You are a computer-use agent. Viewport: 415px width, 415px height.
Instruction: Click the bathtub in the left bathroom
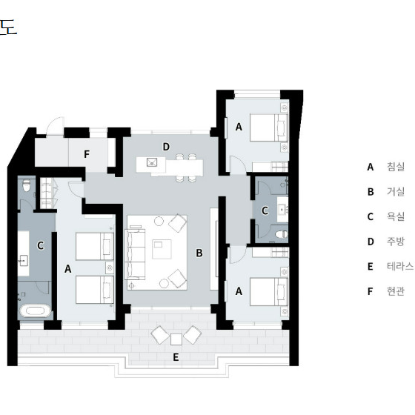point(36,311)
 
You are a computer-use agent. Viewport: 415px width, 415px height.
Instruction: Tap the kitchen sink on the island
point(152,162)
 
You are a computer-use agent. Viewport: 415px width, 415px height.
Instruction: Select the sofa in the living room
point(135,253)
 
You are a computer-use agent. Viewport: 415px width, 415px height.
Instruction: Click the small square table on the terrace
point(176,339)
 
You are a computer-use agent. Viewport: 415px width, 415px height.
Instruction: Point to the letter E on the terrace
point(176,357)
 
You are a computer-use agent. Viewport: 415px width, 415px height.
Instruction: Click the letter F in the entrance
point(87,154)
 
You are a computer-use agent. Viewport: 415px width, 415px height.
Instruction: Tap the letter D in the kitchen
point(166,147)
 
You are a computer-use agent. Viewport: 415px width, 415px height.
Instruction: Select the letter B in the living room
point(199,253)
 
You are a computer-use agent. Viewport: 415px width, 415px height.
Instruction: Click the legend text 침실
point(396,167)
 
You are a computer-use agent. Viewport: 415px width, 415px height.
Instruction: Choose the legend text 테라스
point(400,266)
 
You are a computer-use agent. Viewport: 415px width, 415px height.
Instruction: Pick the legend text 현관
point(396,291)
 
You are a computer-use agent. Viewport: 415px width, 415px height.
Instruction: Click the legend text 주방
point(396,242)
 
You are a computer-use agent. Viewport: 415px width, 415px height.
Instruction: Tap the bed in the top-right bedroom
point(269,127)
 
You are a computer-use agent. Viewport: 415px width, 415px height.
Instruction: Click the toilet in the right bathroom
point(281,234)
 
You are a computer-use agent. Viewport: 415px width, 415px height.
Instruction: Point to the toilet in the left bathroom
point(26,185)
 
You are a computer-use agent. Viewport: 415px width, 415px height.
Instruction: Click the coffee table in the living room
point(162,249)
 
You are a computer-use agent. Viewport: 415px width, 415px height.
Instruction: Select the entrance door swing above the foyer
point(55,126)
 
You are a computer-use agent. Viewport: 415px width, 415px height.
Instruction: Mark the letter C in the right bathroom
point(265,210)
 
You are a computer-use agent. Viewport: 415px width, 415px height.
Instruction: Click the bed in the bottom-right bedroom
point(269,292)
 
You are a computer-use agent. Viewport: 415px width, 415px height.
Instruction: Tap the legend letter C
point(371,216)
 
